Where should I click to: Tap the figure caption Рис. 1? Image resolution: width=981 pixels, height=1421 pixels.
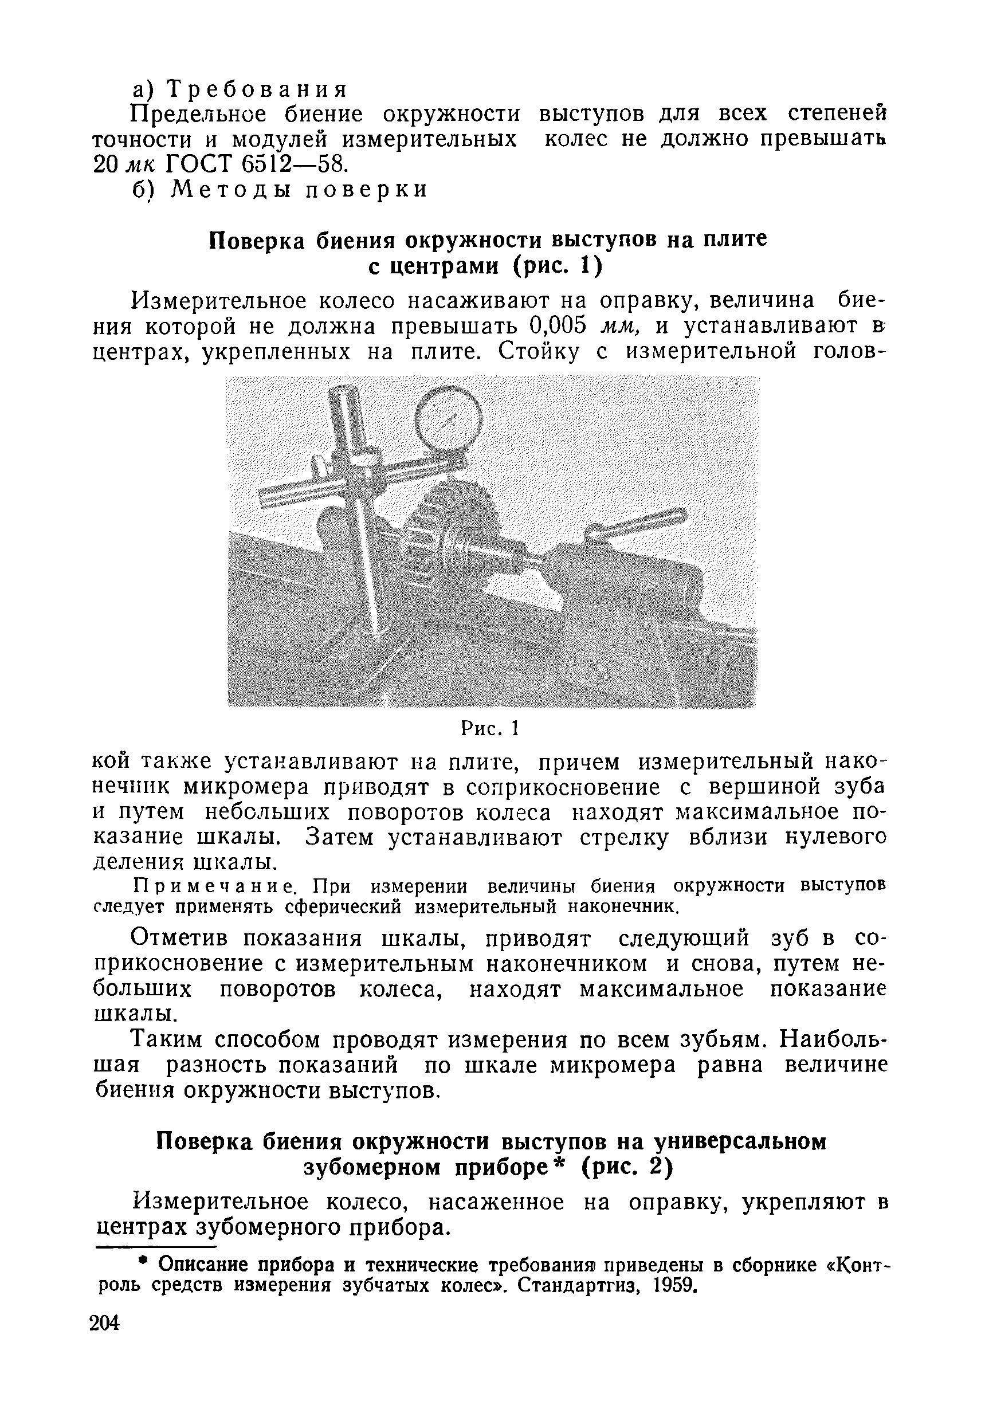pos(490,728)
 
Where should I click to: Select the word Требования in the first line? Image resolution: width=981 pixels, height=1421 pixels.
pos(257,90)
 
